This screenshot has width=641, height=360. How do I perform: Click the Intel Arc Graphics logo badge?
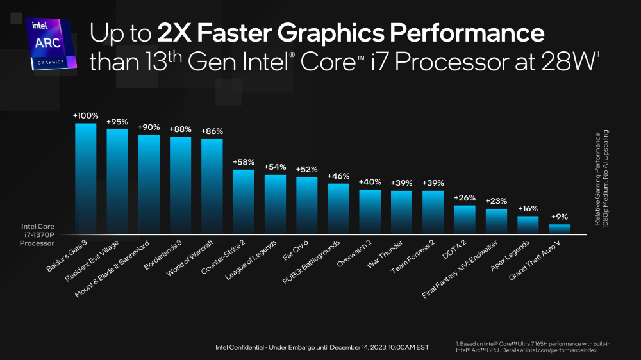pyautogui.click(x=50, y=44)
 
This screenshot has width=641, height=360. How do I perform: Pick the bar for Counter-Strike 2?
pyautogui.click(x=243, y=201)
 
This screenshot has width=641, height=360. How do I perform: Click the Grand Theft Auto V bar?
pyautogui.click(x=559, y=229)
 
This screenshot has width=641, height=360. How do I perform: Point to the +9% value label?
pyautogui.click(x=559, y=217)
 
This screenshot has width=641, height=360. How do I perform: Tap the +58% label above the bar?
pyautogui.click(x=243, y=162)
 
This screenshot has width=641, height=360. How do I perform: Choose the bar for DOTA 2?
pyautogui.click(x=465, y=219)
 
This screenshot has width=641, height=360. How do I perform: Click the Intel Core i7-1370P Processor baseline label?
pyautogui.click(x=39, y=234)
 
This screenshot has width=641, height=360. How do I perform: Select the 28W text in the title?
pyautogui.click(x=574, y=62)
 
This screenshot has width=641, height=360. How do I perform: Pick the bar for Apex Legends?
pyautogui.click(x=528, y=225)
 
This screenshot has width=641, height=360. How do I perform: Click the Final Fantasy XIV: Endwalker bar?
pyautogui.click(x=496, y=221)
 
